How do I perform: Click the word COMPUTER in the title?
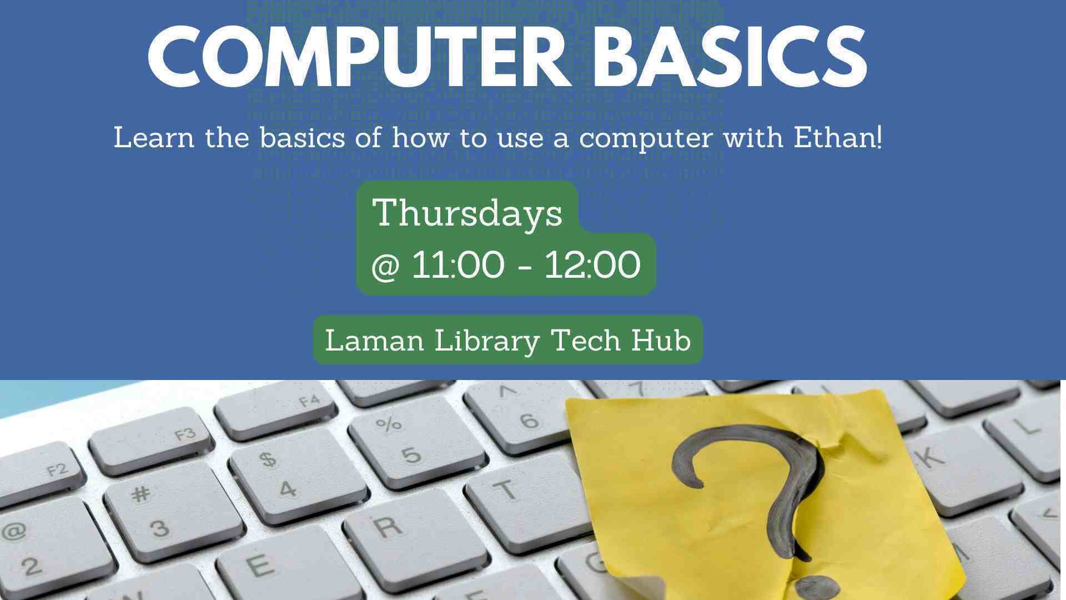click(359, 57)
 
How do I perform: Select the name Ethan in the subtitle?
click(837, 137)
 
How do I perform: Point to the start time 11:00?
click(458, 265)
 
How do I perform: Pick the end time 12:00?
click(592, 265)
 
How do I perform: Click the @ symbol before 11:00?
click(385, 267)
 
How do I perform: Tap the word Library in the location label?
click(487, 341)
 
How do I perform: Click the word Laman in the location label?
click(375, 340)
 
